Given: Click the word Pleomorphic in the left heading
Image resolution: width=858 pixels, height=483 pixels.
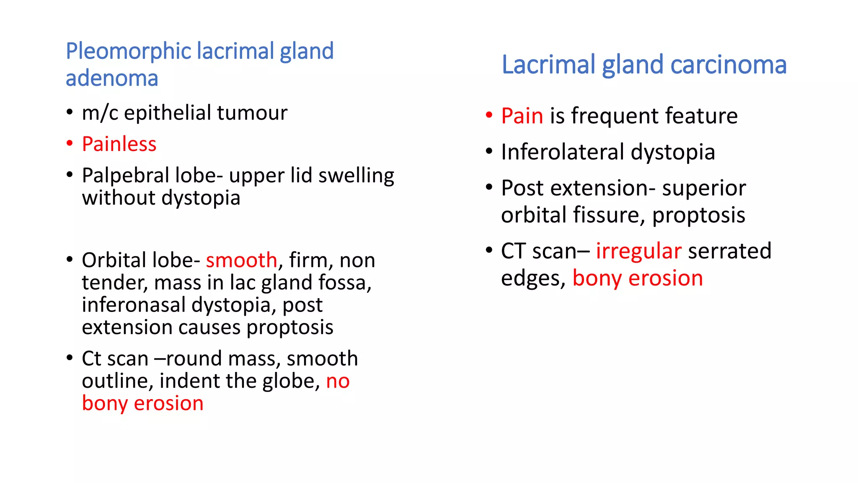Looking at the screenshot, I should [129, 52].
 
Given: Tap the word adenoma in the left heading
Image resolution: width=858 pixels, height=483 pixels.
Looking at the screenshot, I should [112, 78].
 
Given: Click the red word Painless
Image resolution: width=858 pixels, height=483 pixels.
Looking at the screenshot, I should [119, 144].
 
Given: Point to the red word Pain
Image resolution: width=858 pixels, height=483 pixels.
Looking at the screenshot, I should [522, 116].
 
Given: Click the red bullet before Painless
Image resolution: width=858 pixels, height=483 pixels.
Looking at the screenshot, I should [70, 143].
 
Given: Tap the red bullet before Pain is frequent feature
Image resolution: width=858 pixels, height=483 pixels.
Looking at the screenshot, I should [488, 115].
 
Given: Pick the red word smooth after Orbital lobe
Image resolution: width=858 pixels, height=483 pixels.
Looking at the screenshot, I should [241, 260].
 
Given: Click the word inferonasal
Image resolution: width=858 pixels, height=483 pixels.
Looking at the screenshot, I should [133, 305].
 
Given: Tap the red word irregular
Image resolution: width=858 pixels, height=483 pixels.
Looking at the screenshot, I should [638, 251].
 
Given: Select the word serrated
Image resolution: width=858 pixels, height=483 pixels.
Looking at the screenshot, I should [729, 251].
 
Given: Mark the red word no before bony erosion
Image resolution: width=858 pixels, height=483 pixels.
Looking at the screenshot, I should [338, 382].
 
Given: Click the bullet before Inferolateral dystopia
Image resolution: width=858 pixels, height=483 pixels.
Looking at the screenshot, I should [488, 151].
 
